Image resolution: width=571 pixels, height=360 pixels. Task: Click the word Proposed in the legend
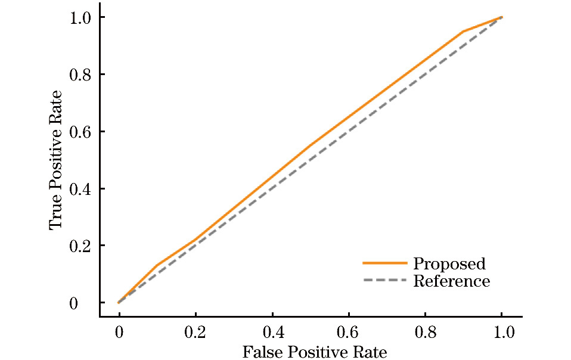pos(449,263)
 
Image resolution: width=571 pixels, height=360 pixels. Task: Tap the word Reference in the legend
pos(451,281)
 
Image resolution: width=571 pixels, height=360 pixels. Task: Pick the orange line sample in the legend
pos(384,263)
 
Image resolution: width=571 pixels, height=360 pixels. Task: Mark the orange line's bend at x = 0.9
pos(463,31)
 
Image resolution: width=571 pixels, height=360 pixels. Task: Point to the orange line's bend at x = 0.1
pos(157,265)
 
